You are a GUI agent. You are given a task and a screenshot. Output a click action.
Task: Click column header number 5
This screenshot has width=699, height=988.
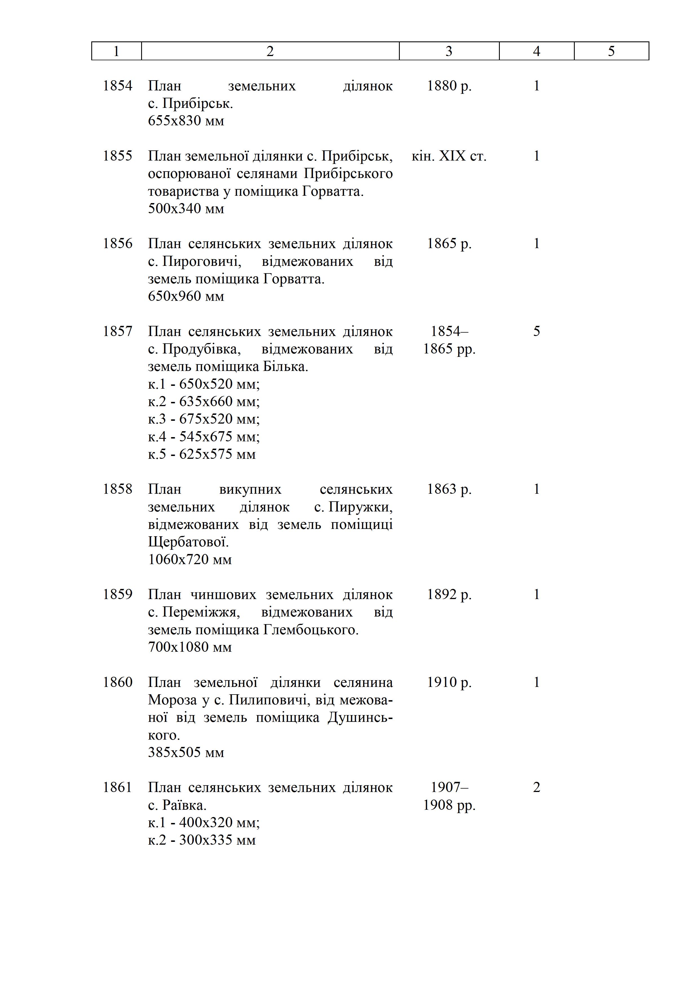point(611,51)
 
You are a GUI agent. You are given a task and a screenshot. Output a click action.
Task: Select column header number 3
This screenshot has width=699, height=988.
point(449,51)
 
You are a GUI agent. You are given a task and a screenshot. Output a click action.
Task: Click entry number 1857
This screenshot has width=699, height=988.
point(117,331)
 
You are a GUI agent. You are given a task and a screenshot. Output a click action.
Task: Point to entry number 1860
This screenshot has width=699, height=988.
point(117,682)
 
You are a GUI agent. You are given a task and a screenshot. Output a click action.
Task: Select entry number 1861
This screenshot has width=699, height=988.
point(117,787)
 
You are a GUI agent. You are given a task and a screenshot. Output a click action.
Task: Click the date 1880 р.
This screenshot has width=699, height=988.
point(449,86)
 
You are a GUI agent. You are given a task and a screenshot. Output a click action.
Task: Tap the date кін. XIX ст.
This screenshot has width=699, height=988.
point(449,156)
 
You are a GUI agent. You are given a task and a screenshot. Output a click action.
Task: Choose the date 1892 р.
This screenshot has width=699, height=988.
point(449,594)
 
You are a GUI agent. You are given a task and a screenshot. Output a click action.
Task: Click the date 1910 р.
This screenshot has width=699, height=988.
point(449,682)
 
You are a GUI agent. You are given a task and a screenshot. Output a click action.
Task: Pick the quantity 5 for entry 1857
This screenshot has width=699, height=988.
point(536,331)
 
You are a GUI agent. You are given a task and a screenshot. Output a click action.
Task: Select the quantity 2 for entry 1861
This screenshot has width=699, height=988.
point(536,787)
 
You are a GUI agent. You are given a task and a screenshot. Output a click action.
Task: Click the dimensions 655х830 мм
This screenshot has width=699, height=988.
point(186,121)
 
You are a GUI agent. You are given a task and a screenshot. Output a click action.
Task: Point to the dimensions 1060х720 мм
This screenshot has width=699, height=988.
point(190,559)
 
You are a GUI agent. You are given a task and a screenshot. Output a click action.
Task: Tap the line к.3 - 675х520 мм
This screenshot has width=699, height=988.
point(204,419)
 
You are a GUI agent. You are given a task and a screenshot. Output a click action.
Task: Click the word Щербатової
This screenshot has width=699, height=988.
point(188,542)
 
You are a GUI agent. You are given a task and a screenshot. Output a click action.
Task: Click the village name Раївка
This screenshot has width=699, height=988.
point(184,805)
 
